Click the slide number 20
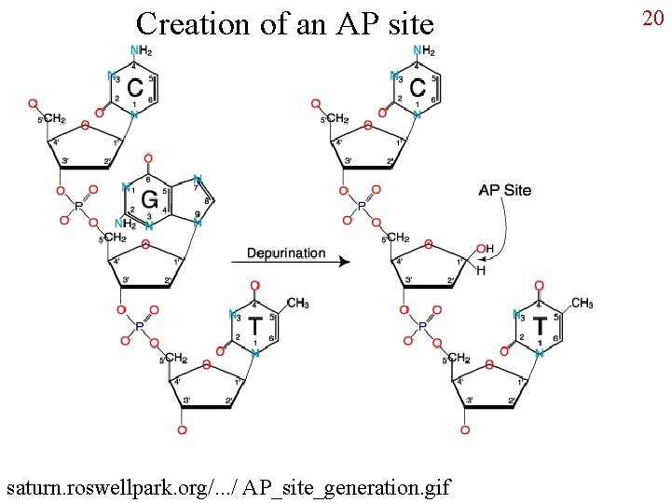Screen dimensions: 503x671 point(653,19)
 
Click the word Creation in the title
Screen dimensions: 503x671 point(192,23)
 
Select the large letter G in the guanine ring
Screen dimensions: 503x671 point(148,199)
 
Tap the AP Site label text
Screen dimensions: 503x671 point(504,190)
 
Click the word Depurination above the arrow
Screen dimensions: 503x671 point(286,252)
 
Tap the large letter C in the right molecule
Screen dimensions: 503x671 point(418,88)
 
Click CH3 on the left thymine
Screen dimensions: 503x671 point(297,303)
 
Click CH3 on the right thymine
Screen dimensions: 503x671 point(582,303)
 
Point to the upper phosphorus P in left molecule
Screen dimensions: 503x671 point(78,205)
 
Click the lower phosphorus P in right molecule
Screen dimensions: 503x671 point(422,327)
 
